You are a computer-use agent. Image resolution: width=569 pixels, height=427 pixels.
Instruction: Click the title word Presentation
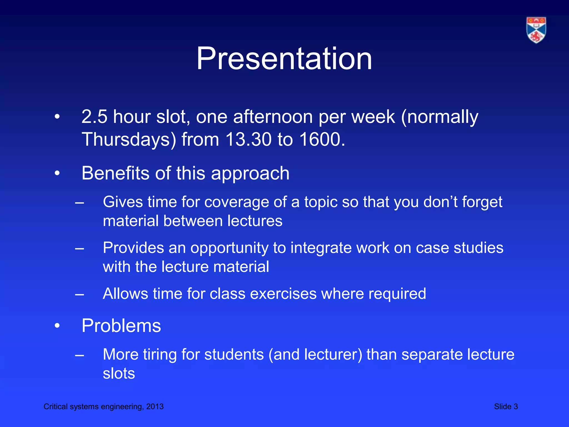click(284, 59)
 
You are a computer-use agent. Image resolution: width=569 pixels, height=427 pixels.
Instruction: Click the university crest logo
click(536, 30)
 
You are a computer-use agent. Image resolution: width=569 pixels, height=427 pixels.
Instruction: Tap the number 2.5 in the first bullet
click(94, 117)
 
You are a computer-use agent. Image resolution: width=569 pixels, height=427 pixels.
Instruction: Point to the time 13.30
click(248, 139)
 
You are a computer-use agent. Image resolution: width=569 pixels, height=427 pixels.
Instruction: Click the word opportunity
click(229, 248)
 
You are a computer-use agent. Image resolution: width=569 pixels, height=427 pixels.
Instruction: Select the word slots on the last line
click(119, 373)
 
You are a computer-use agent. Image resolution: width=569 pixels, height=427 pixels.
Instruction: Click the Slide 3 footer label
click(506, 406)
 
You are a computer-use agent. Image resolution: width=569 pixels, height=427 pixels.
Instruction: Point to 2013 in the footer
click(155, 406)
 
